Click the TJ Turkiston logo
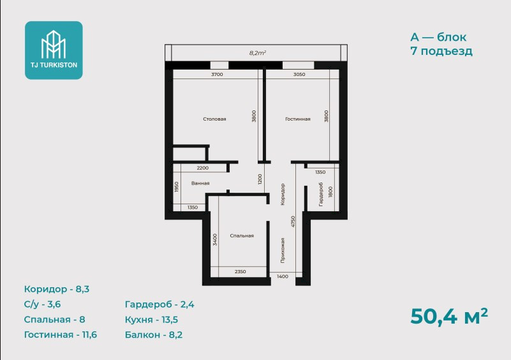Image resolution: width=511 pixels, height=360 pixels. [54, 50]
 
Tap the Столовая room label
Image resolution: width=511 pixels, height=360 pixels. [214, 119]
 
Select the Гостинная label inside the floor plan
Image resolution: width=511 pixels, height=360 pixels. [298, 119]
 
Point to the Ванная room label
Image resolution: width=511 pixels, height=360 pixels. [200, 183]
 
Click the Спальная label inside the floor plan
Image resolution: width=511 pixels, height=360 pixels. [242, 236]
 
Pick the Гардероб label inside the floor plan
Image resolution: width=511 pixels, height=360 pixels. [321, 194]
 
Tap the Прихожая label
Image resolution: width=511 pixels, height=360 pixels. [283, 250]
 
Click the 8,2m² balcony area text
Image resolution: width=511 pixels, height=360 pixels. [258, 53]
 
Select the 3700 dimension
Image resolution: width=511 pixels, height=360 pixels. [217, 74]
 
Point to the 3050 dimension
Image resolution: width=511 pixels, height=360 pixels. [299, 74]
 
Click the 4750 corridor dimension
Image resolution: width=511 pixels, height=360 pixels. [293, 221]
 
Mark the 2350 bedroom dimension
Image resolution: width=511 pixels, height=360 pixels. [240, 272]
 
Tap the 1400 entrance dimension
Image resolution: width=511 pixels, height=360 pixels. [283, 276]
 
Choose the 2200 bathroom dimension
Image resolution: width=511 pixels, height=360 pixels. [203, 169]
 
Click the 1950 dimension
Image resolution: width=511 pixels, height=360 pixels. [177, 187]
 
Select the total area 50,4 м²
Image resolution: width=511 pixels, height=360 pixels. [449, 316]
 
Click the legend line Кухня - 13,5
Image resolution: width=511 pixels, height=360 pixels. [152, 320]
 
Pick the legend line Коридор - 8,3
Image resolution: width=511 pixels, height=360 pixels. [57, 289]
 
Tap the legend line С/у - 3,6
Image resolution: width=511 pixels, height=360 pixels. [42, 304]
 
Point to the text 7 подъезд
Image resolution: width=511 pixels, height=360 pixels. [441, 51]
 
